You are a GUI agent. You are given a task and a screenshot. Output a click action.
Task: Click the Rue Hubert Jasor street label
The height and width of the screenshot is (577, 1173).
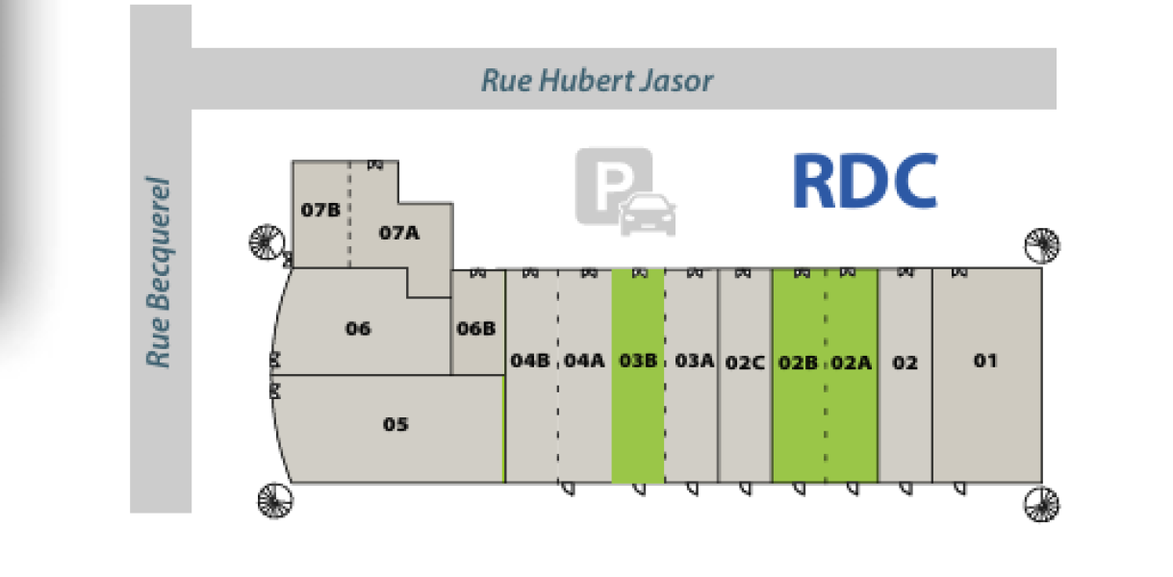[x=597, y=80]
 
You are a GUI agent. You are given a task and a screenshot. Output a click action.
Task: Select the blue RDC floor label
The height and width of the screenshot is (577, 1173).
[x=864, y=182]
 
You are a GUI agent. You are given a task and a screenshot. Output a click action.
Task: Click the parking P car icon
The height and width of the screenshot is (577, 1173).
[x=625, y=191]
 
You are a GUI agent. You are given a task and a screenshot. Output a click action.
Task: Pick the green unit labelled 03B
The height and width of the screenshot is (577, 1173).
[x=638, y=375]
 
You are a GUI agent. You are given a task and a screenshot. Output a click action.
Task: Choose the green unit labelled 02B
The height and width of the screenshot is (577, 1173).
[x=798, y=375]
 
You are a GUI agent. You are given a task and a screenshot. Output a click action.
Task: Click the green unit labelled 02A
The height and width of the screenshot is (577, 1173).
[x=852, y=375]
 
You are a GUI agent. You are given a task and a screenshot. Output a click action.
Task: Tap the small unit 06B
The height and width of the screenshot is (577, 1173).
[x=476, y=328]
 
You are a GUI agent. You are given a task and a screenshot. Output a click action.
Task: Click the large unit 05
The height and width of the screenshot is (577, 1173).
[x=395, y=425]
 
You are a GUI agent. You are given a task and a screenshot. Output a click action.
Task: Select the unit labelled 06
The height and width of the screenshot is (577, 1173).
[x=357, y=328]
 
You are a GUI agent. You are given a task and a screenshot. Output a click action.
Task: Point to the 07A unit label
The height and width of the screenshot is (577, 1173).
[x=399, y=232]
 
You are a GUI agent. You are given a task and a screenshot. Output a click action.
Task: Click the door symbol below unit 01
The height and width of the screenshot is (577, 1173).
[x=959, y=489]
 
